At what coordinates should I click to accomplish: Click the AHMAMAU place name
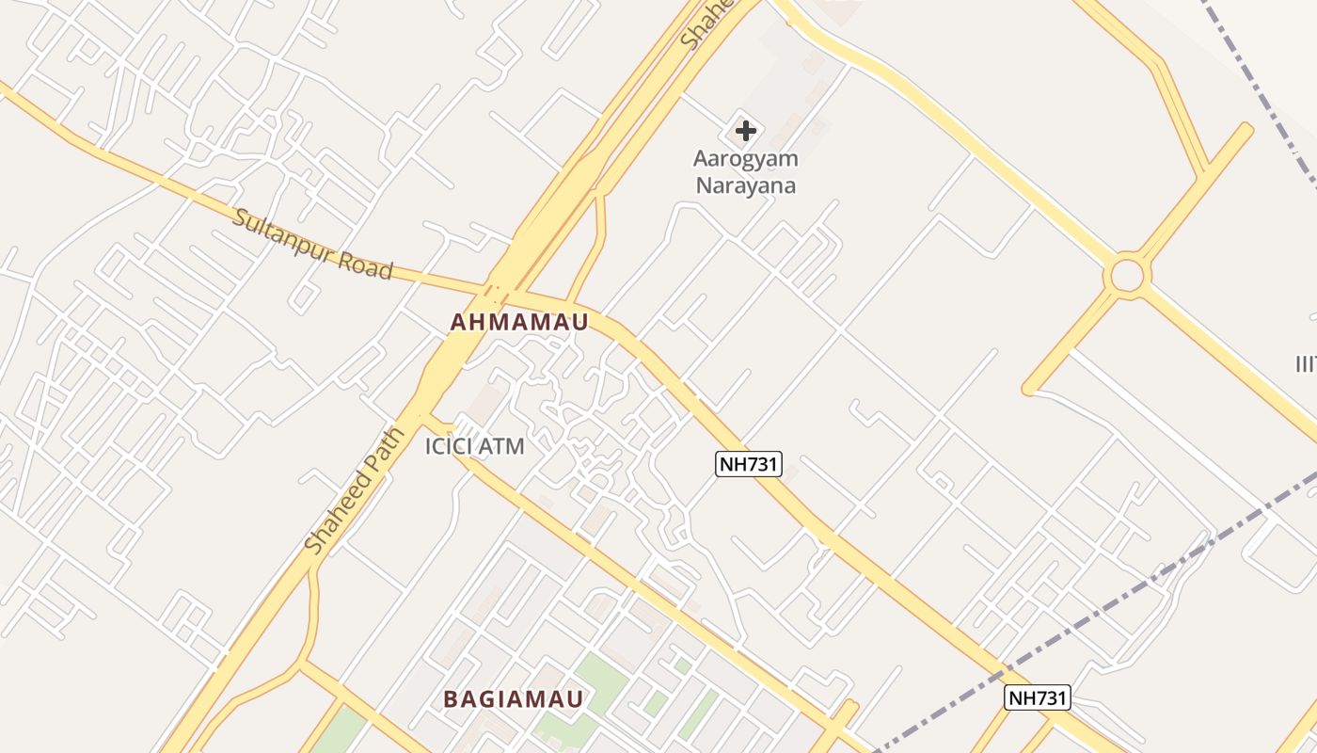point(519,322)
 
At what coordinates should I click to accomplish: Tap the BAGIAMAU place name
point(514,699)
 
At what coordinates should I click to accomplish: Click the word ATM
point(501,446)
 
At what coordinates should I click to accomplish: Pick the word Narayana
point(745,184)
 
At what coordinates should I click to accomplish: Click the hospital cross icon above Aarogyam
point(745,130)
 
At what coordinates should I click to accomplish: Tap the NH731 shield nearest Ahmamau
point(749,463)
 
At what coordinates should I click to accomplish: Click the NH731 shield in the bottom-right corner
point(1038,697)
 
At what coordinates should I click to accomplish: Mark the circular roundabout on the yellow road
point(1127,277)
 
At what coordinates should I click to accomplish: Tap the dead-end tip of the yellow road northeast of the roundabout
point(1246,130)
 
